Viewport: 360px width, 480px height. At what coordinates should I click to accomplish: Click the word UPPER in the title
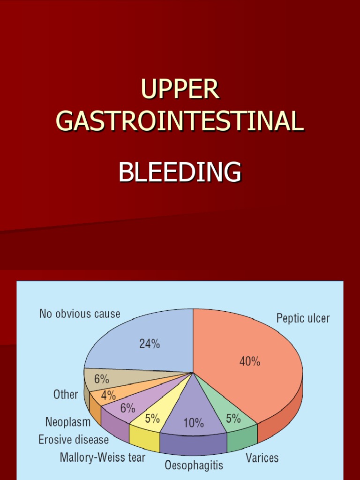[x=180, y=89]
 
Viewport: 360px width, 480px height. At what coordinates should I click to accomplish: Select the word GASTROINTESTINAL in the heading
[x=180, y=121]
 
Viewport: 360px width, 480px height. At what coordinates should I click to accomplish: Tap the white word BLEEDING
[x=180, y=172]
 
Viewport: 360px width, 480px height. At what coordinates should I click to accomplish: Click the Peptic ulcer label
[x=303, y=319]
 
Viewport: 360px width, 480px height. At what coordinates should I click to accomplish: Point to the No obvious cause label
[x=80, y=314]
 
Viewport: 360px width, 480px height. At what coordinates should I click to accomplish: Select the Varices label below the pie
[x=262, y=457]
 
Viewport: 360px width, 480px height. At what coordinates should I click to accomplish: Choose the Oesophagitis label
[x=194, y=465]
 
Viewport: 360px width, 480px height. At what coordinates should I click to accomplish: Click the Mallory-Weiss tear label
[x=102, y=457]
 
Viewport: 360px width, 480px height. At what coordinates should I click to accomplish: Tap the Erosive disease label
[x=74, y=440]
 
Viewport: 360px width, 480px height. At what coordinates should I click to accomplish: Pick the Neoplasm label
[x=67, y=422]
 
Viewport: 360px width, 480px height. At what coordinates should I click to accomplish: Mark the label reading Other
[x=66, y=395]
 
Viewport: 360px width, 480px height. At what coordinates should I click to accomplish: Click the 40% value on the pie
[x=249, y=361]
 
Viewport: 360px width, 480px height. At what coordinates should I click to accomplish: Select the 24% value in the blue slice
[x=150, y=344]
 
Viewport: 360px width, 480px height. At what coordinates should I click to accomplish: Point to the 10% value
[x=193, y=423]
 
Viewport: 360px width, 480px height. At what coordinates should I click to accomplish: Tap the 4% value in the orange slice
[x=108, y=395]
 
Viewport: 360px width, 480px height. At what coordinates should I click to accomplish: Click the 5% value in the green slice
[x=233, y=419]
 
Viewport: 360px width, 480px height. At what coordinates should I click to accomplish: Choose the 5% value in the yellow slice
[x=152, y=419]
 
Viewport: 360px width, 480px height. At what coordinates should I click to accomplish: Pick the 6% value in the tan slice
[x=102, y=379]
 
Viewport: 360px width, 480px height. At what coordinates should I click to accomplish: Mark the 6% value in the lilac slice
[x=127, y=408]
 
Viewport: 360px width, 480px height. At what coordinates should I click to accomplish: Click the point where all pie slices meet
[x=193, y=373]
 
